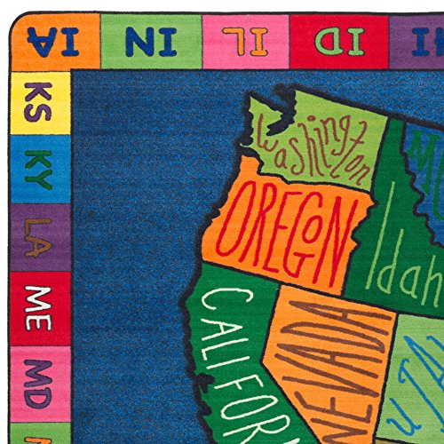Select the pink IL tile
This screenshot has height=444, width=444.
click(x=245, y=41)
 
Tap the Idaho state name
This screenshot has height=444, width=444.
click(x=404, y=266)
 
